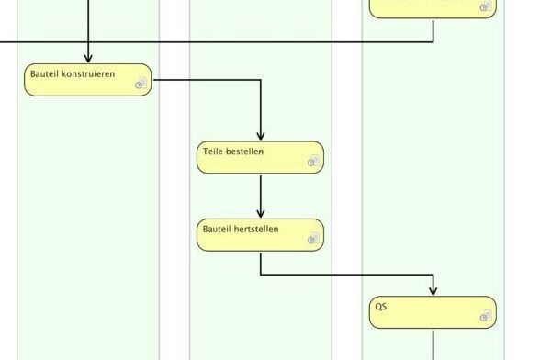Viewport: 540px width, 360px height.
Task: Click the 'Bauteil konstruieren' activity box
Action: click(x=87, y=80)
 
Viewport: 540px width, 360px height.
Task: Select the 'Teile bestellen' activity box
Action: click(x=260, y=157)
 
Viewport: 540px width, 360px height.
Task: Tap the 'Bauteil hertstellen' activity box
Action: click(x=260, y=235)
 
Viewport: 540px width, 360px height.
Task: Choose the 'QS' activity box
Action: click(x=433, y=312)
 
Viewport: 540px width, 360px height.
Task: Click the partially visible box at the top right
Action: click(x=432, y=8)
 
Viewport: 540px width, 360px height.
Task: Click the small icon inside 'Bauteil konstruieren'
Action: click(x=141, y=84)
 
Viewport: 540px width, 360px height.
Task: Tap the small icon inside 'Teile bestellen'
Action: click(x=313, y=162)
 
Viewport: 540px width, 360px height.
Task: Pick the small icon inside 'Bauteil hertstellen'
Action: click(x=313, y=239)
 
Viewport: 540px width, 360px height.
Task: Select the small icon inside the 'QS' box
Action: click(x=486, y=317)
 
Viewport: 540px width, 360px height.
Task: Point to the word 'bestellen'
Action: click(x=247, y=152)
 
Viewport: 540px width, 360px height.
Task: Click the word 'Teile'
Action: click(x=214, y=152)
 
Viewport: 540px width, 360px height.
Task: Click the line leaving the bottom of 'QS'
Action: click(x=433, y=344)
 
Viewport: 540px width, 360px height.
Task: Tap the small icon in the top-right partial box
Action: click(x=486, y=7)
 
